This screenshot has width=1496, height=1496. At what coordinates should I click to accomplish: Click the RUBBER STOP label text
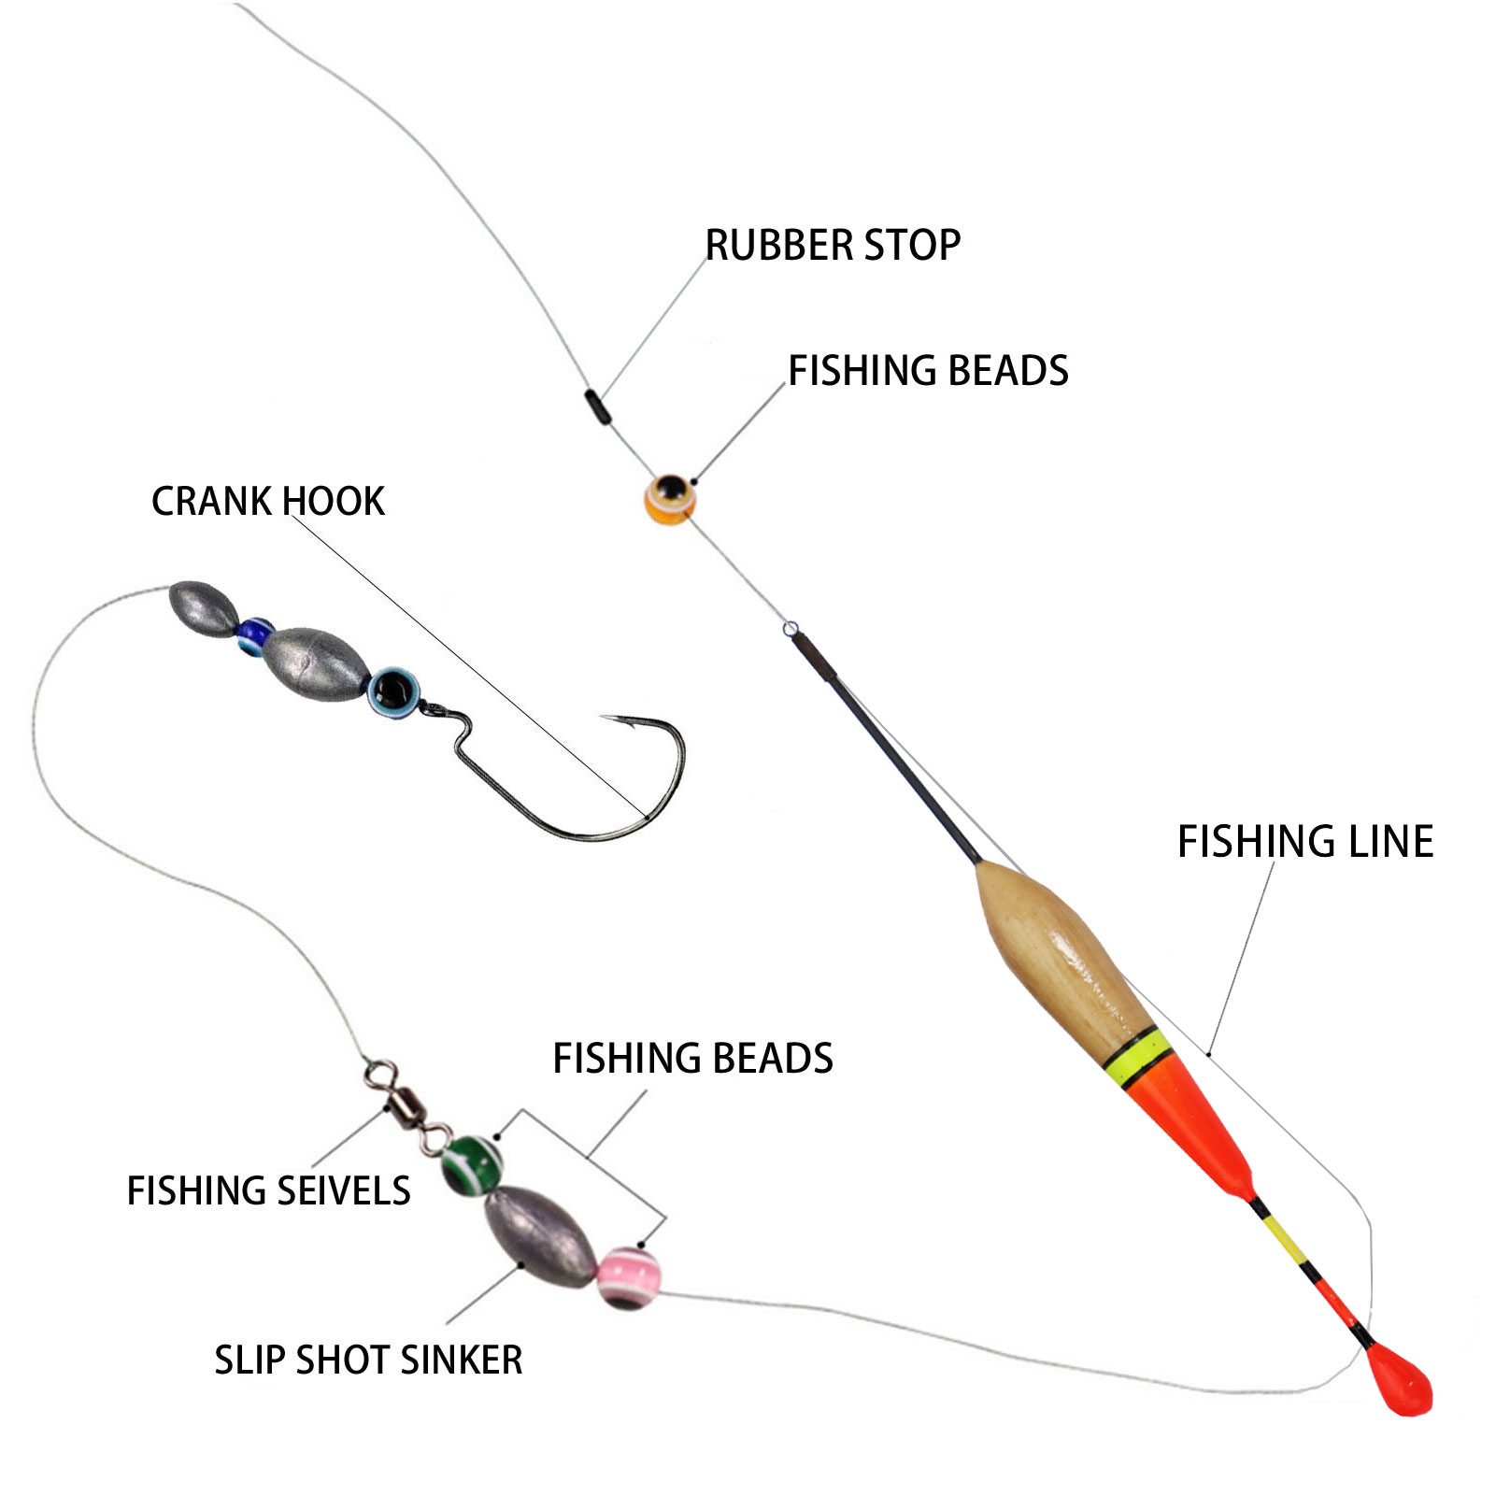pos(833,246)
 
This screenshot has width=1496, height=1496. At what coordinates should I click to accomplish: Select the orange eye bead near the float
pos(670,498)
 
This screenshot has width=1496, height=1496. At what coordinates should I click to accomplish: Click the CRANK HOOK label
pos(268,502)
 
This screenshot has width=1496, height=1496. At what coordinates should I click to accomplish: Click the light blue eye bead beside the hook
pos(393,691)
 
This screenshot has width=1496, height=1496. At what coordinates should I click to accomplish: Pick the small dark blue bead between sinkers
pos(253,635)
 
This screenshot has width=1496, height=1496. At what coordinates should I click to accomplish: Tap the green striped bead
pos(472,1164)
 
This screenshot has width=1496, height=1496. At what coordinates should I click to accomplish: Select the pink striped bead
pos(628,1277)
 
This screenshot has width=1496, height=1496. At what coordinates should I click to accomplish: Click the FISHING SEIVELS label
pos(268,1191)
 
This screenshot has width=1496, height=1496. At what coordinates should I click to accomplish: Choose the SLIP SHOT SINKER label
pos(368,1361)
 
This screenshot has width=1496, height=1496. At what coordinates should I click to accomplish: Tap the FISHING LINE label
pos(1304,842)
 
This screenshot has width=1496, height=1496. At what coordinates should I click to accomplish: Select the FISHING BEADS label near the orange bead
pos(928,371)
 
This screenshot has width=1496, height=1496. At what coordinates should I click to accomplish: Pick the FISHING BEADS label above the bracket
pos(692,1059)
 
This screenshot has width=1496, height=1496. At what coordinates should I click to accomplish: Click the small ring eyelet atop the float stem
pos(791,629)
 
